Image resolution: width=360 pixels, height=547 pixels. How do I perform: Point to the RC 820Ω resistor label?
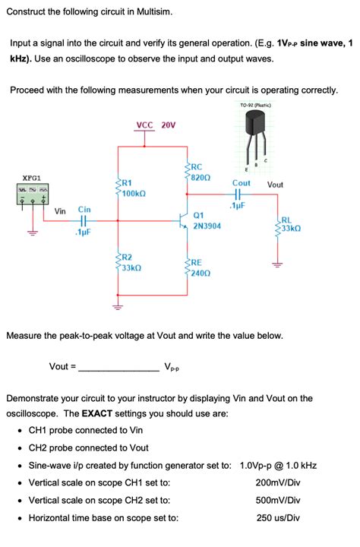point(200,172)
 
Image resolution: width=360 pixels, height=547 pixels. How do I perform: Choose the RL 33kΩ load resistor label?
point(290,223)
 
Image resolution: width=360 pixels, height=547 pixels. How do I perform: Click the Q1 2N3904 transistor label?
point(207,221)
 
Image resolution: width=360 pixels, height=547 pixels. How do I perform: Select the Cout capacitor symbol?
point(241,194)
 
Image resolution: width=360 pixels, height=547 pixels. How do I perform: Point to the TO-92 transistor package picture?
point(257,137)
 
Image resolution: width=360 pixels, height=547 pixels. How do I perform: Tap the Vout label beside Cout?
point(275,185)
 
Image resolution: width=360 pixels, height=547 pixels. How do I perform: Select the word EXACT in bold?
point(98,414)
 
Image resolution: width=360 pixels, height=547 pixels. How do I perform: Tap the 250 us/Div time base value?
point(277,517)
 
